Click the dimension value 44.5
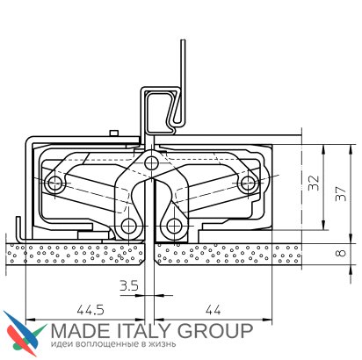coord(90,310)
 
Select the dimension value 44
coord(213,310)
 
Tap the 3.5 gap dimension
coord(129,285)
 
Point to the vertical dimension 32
coord(314,183)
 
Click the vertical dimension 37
coord(341,194)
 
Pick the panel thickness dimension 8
coord(341,253)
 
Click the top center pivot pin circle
coord(151,161)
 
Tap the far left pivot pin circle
coord(55,184)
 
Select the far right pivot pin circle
coord(248,184)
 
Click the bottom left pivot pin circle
coord(128,226)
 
